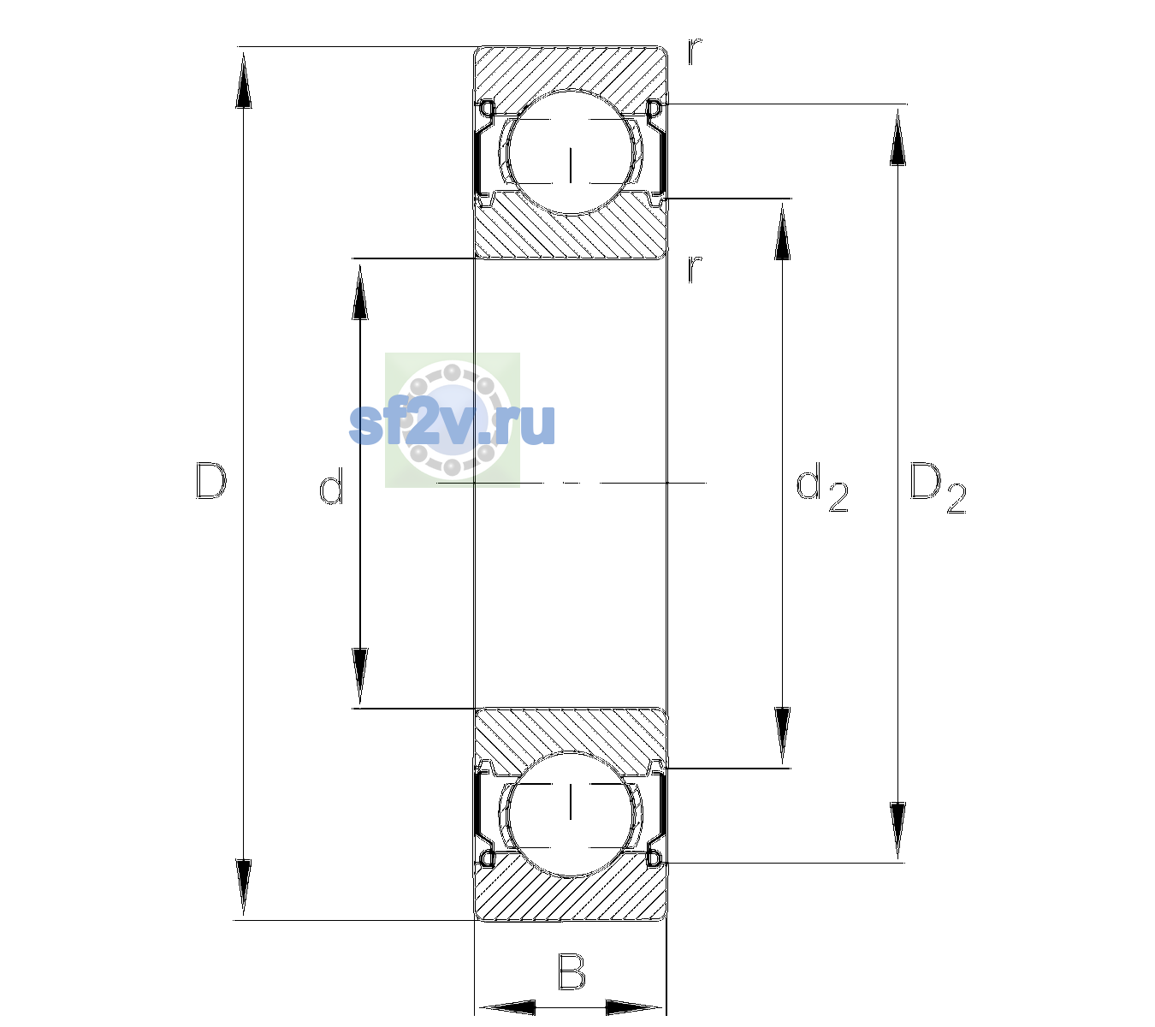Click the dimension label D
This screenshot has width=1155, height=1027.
(x=211, y=481)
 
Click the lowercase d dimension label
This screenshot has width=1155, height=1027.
(x=331, y=486)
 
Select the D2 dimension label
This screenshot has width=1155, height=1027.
(x=937, y=488)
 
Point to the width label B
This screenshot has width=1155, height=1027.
(x=572, y=971)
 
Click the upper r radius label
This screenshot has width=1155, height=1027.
(x=695, y=51)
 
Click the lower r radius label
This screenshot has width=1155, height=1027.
(x=695, y=269)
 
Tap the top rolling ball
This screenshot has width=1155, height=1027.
(x=571, y=151)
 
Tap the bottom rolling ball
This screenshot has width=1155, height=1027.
(x=571, y=813)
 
